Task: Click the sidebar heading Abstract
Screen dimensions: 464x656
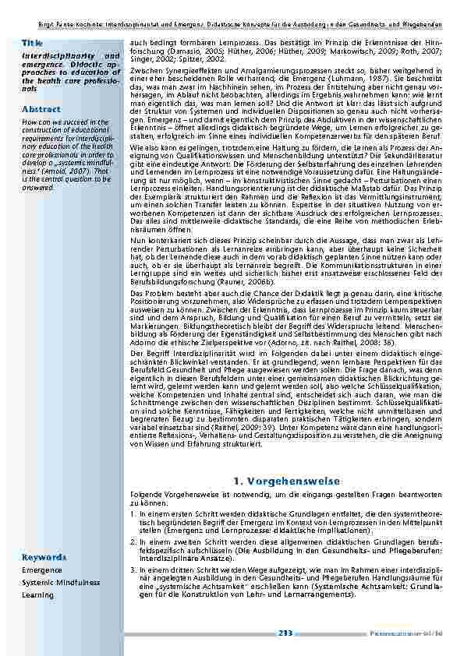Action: [41, 109]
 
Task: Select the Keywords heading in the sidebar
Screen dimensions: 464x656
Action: [44, 557]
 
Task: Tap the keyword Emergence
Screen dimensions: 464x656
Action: [42, 570]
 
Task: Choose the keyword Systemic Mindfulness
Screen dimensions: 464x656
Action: [61, 583]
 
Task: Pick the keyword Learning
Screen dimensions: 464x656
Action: [37, 595]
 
